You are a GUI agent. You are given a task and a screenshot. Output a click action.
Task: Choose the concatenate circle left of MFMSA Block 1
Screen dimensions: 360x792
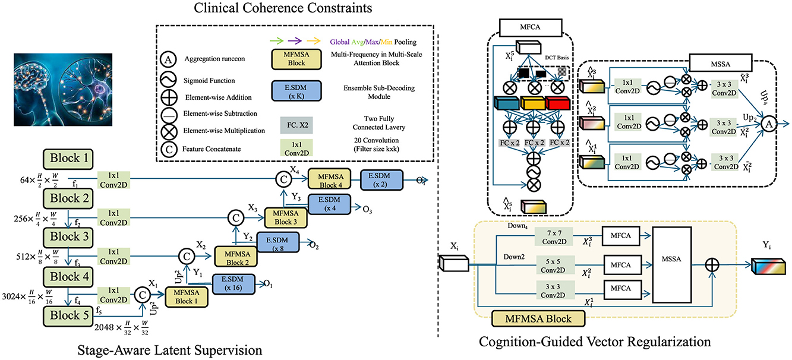(143, 292)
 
